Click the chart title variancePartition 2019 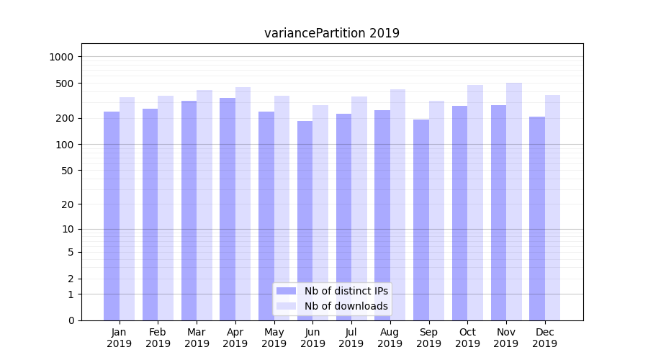(332, 33)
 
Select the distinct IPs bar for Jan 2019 (112, 216)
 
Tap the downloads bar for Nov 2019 (514, 202)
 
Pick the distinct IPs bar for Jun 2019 (305, 220)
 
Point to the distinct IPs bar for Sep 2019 (421, 220)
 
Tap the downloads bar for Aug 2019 (398, 204)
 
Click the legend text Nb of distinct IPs (346, 291)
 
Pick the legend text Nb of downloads (346, 306)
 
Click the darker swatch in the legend (287, 291)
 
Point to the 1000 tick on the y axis (63, 57)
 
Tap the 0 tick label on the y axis (71, 320)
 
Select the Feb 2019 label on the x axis (158, 338)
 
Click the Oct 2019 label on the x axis (467, 338)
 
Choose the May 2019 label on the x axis (274, 338)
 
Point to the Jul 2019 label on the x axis (351, 338)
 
